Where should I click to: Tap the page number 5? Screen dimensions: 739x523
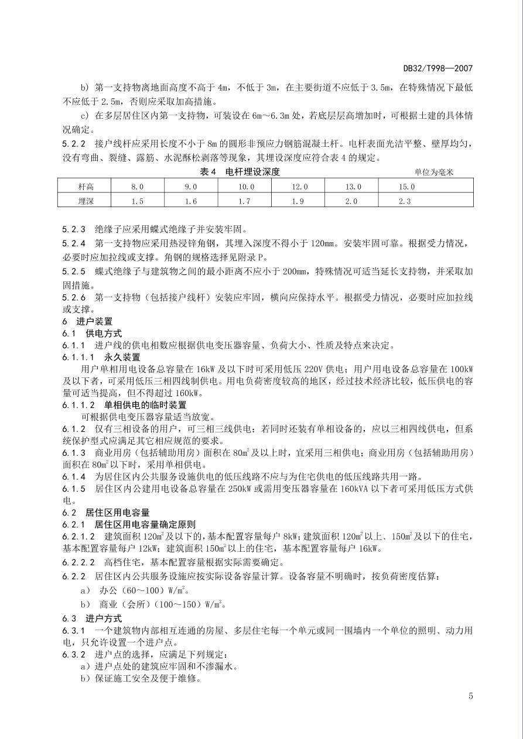pos(470,696)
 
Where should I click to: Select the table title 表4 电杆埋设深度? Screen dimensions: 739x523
pos(240,171)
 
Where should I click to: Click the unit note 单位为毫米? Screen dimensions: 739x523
pos(434,172)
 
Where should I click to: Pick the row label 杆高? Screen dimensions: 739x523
pos(86,187)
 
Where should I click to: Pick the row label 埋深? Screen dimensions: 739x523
pos(86,201)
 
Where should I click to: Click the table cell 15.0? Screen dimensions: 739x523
pos(406,187)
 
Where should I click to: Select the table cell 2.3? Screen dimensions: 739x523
pos(405,201)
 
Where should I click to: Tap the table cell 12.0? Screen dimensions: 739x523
pos(299,187)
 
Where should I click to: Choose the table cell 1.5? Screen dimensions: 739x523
pos(136,201)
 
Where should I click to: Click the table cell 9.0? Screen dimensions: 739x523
pos(190,187)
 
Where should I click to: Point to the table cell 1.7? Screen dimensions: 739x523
pos(245,201)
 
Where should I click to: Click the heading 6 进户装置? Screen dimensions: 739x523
pos(87,321)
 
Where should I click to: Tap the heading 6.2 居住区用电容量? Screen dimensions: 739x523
pos(105,513)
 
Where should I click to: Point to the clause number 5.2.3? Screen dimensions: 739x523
pos(74,229)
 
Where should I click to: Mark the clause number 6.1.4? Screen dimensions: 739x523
pos(74,477)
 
